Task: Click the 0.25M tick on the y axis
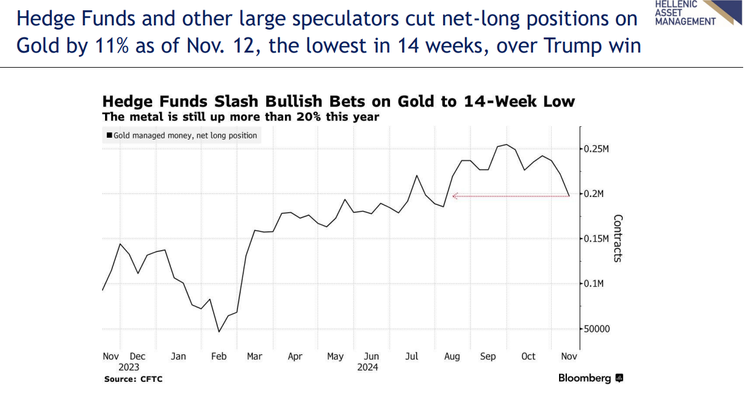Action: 596,149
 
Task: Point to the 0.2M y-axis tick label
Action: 593,194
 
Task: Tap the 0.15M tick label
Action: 596,239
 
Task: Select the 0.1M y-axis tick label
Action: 593,284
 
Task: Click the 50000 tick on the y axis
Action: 596,329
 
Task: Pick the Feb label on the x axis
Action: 219,356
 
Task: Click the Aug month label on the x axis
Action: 452,356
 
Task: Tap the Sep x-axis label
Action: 488,356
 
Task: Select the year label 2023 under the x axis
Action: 129,367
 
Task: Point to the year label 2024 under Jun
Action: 368,367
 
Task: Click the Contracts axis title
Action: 617,238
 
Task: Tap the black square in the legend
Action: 109,136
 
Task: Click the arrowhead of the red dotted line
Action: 455,196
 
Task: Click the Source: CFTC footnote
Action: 133,379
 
